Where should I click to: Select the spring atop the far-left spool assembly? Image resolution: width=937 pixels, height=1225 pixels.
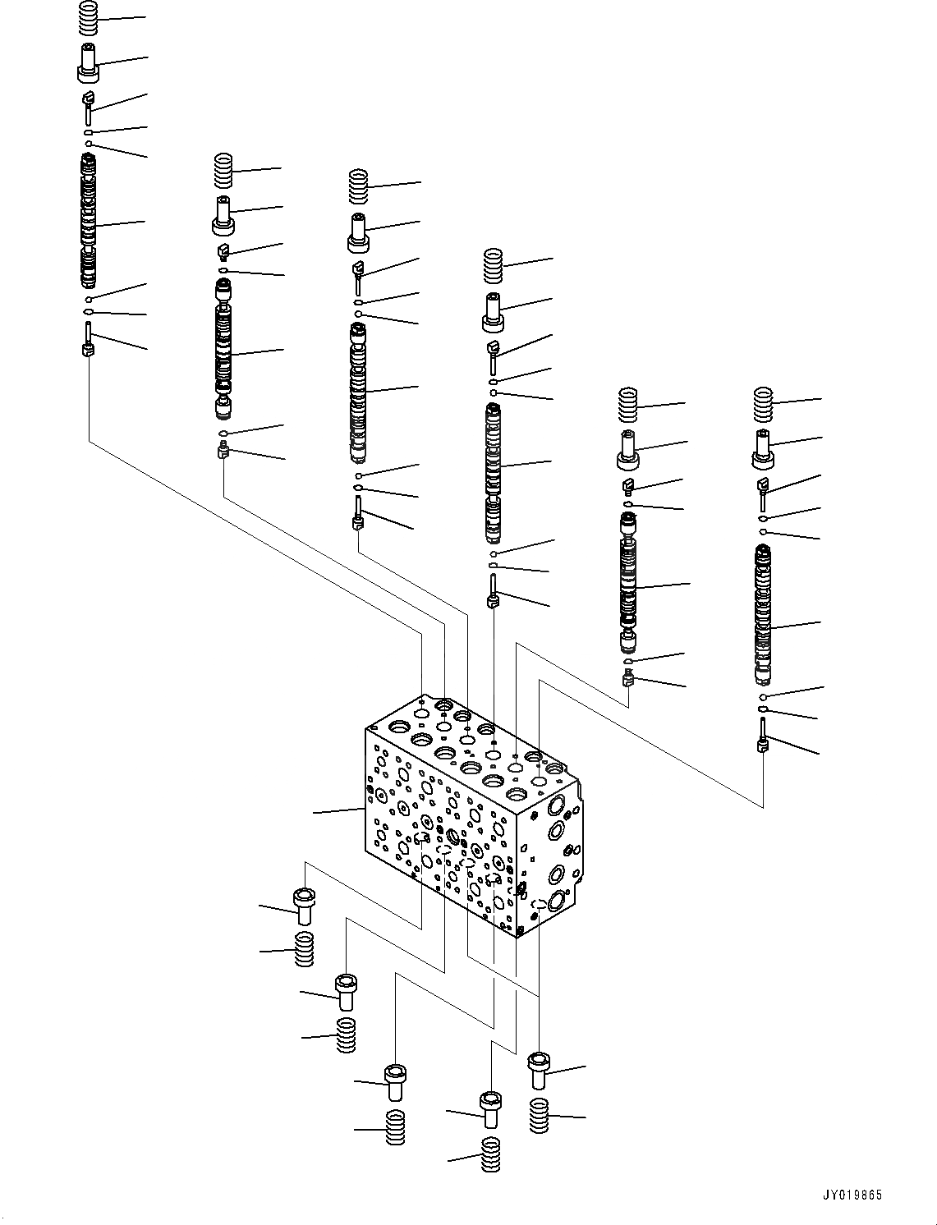point(88,18)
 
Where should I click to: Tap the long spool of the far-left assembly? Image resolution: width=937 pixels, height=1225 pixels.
point(89,220)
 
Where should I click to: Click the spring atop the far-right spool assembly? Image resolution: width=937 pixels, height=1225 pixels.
point(764,402)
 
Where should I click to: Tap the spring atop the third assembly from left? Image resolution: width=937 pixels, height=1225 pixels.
point(358,186)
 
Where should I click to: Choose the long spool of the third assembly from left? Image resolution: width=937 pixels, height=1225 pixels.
point(358,392)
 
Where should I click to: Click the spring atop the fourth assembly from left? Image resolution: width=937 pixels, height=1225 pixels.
point(492,265)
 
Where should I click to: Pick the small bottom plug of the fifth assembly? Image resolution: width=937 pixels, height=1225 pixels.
point(628,677)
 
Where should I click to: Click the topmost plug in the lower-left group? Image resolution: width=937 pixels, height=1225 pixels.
point(303,901)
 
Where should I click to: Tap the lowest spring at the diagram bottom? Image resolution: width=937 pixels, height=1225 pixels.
point(491,1155)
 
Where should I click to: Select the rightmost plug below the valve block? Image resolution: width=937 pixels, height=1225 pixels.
point(538,1071)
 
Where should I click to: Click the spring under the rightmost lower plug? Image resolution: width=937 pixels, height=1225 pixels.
point(538,1115)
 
